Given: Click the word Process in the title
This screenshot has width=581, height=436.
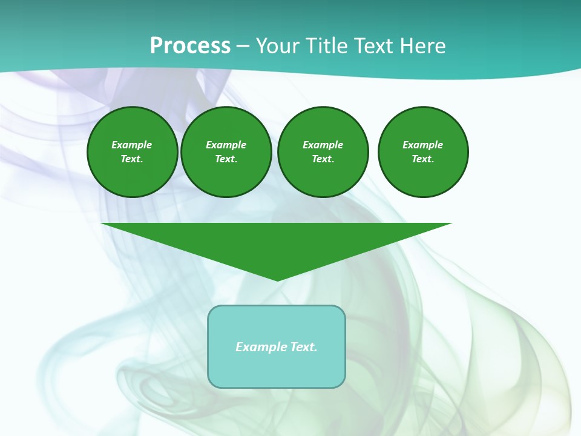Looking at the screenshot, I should (x=190, y=46).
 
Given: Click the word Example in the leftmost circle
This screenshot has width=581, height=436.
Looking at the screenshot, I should (x=132, y=145).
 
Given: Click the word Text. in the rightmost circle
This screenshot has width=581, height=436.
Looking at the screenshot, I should (x=423, y=159).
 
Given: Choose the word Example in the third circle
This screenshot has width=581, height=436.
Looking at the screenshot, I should (x=323, y=145).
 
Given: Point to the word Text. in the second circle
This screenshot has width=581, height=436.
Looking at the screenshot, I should (x=226, y=159).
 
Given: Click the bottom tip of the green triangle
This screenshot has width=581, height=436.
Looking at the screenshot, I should (x=277, y=280).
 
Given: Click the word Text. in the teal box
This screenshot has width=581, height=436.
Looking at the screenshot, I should (x=304, y=347).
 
